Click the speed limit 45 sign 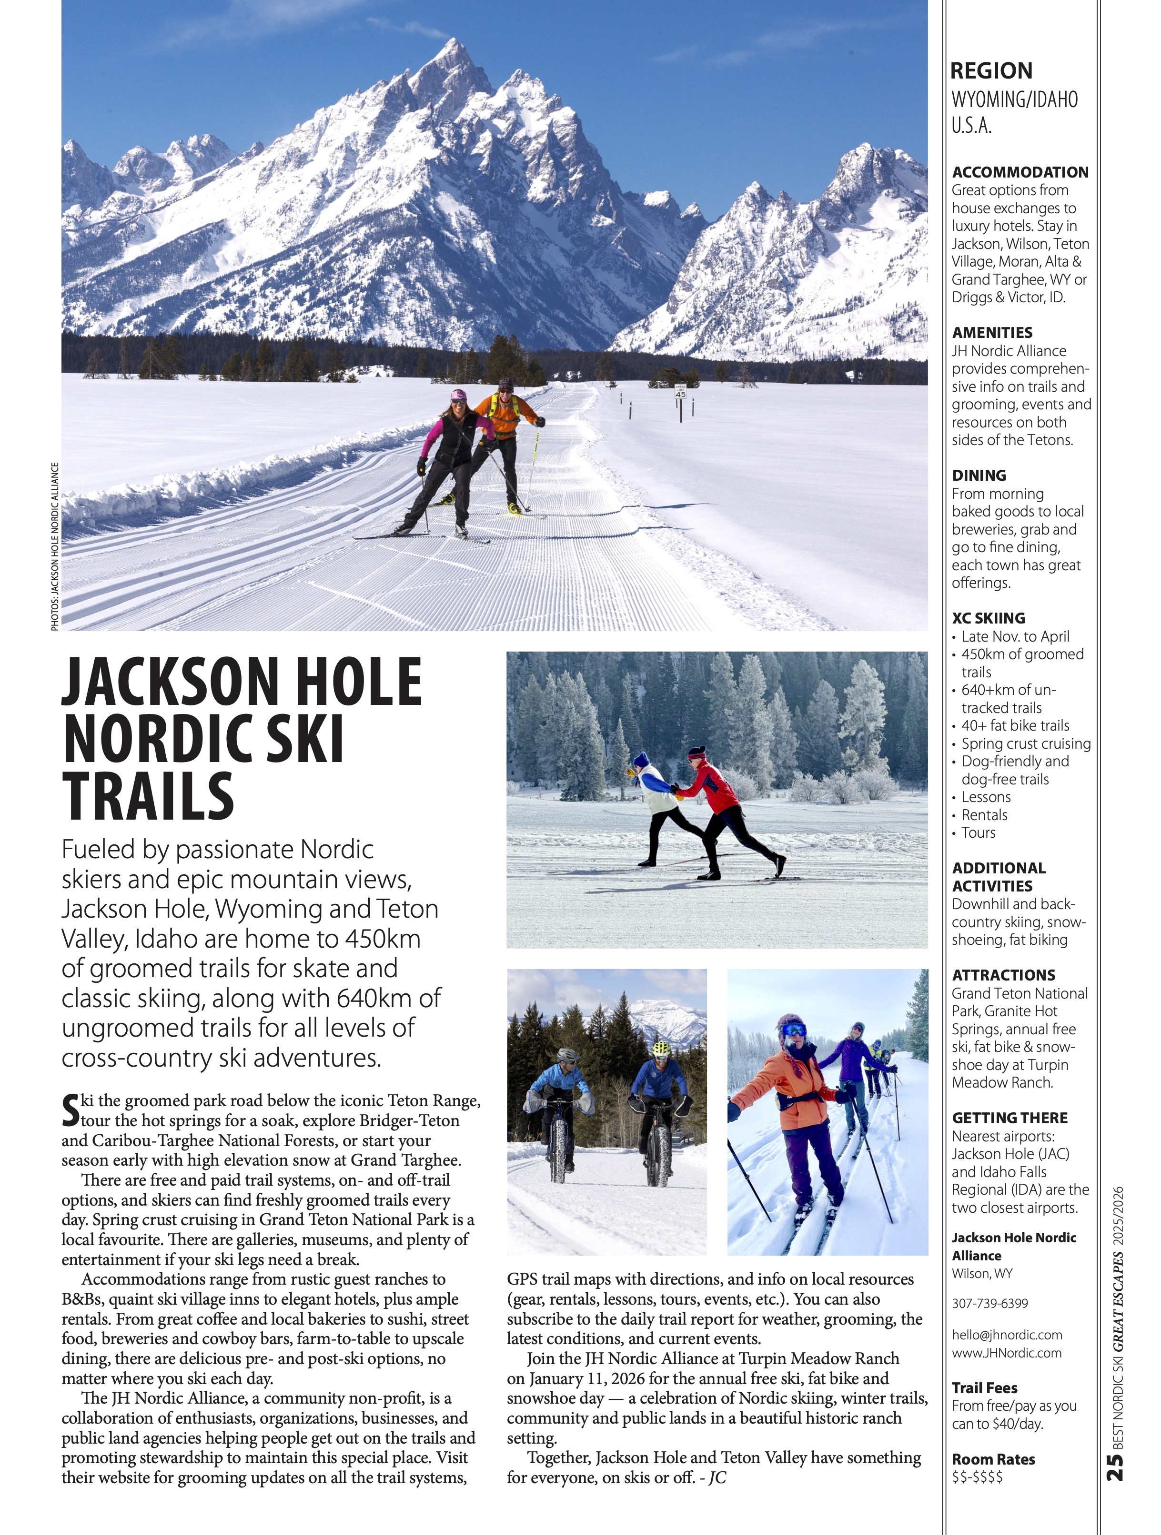click(680, 392)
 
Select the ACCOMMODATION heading click(1020, 172)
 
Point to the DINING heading click(979, 475)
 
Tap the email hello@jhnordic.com click(1006, 1335)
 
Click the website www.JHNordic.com click(1006, 1353)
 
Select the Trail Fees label click(984, 1388)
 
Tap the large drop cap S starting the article click(70, 1110)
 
